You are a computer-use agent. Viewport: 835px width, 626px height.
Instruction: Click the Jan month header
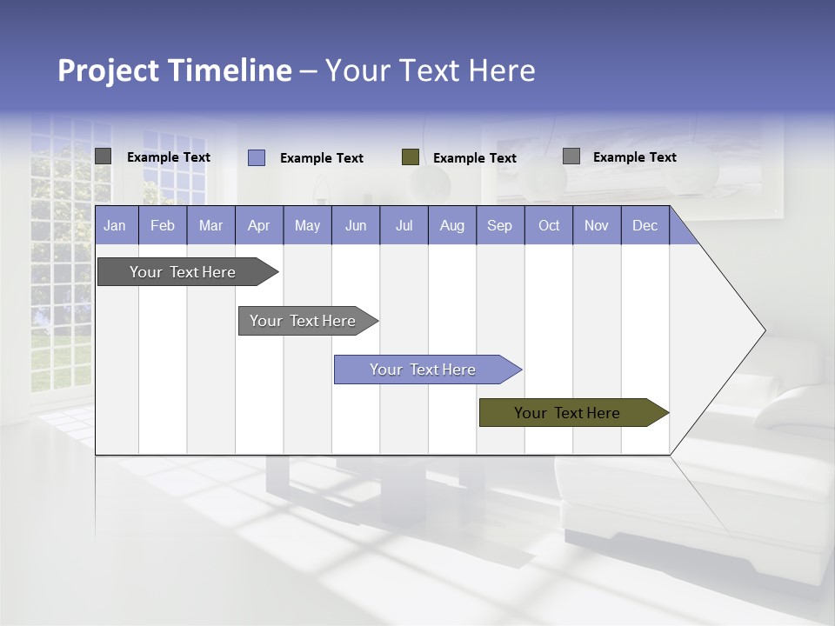coord(115,225)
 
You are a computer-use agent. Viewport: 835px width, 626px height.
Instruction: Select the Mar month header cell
coord(210,225)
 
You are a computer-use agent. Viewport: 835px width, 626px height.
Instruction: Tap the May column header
coord(307,225)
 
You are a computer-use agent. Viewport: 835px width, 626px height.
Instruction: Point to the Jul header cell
coord(404,225)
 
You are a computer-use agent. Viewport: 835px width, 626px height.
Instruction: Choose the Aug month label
coord(451,225)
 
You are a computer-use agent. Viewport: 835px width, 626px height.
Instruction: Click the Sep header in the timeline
coord(499,225)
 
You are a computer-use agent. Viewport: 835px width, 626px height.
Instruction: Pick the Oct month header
coord(548,225)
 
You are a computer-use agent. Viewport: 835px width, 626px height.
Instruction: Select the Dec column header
coord(645,225)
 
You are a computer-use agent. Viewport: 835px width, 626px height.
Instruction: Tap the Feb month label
coord(163,225)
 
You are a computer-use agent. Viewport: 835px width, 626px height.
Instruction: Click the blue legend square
coord(257,157)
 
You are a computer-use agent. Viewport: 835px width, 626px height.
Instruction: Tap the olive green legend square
coord(411,156)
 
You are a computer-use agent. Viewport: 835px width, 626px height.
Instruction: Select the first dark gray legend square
coord(103,156)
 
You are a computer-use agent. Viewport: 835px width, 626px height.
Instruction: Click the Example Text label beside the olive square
coord(474,157)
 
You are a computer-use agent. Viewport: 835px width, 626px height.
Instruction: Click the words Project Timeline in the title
coord(174,70)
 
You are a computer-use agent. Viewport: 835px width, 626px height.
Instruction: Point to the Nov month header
coord(596,225)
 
